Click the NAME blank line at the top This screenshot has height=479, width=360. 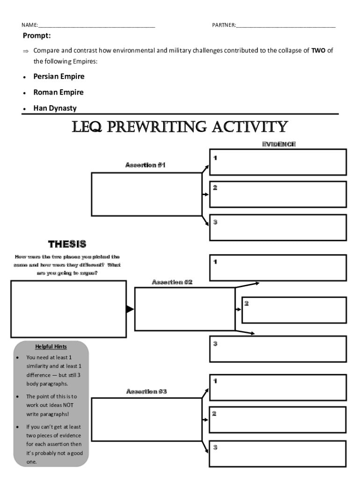click(96, 27)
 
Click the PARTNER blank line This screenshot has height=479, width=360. click(286, 27)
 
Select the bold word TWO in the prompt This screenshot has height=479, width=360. click(318, 51)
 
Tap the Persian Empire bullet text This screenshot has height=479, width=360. click(59, 76)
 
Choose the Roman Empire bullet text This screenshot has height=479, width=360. click(58, 92)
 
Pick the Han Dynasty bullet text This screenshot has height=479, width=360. click(55, 108)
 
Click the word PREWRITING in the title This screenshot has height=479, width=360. click(157, 127)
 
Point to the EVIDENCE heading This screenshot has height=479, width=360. click(279, 144)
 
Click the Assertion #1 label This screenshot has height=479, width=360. click(145, 165)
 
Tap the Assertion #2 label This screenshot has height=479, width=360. click(172, 282)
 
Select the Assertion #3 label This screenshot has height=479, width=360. click(146, 392)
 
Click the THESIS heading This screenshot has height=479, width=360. click(67, 244)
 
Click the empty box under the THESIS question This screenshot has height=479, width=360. click(69, 309)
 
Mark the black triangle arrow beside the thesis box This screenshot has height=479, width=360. click(130, 309)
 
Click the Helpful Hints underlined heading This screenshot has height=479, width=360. click(51, 347)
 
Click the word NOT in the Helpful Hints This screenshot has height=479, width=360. click(68, 405)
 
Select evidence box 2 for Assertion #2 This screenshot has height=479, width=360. click(294, 310)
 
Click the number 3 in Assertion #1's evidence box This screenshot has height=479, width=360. click(215, 222)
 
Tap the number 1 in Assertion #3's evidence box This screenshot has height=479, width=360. click(215, 381)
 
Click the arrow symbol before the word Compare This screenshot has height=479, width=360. click(26, 51)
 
